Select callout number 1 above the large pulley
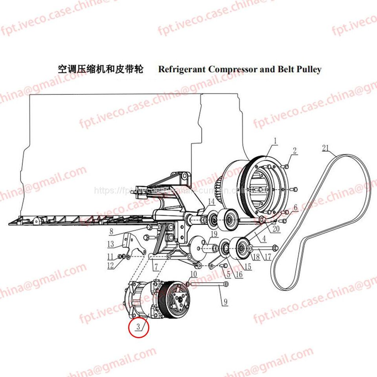coord(275,141)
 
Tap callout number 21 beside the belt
coord(325,148)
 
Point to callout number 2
coord(295,150)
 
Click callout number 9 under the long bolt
coord(225,302)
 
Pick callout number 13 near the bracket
coord(110,243)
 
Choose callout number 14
coord(211,202)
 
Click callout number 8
coord(111,232)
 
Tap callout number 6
coord(295,207)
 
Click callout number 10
coord(193,274)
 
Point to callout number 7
coord(156,267)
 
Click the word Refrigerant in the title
coord(181,70)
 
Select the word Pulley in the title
coord(310,70)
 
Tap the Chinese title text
coord(101,70)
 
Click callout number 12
coord(110,266)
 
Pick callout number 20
coord(276,229)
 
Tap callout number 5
coord(228,275)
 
